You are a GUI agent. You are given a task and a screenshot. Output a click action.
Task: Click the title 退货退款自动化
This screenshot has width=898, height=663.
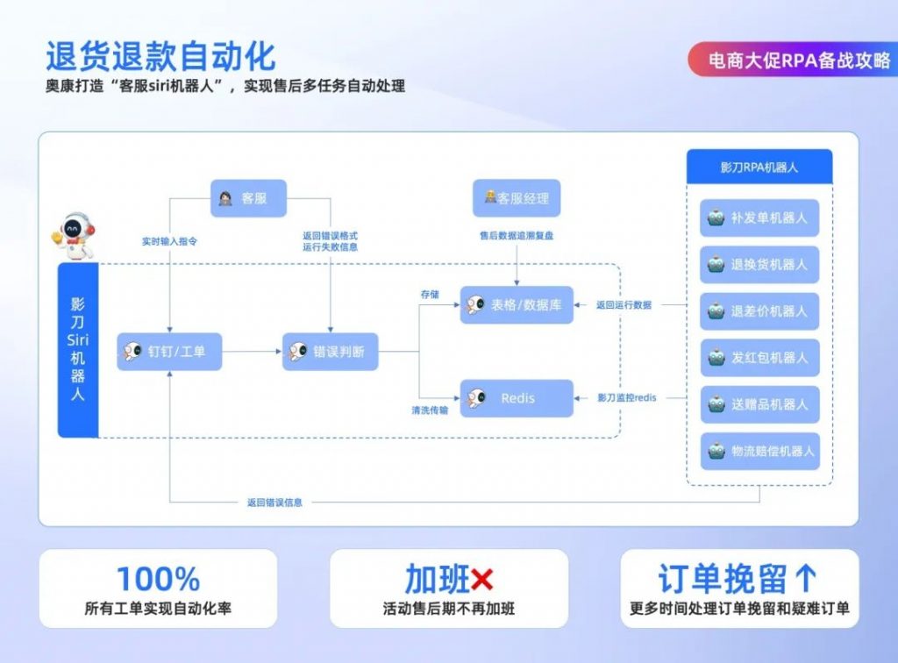(160, 56)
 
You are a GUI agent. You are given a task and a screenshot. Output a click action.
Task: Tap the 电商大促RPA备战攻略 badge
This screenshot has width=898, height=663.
(791, 59)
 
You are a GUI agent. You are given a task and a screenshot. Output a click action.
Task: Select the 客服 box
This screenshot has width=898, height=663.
(248, 198)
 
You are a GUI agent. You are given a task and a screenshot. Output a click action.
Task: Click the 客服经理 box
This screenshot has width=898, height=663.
(516, 198)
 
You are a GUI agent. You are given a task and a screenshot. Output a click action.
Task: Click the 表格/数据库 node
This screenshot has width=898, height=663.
(517, 304)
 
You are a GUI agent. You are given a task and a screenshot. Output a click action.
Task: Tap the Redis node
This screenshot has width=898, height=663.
(517, 398)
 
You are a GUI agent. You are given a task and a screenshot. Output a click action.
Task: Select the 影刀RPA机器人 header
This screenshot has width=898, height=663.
(759, 167)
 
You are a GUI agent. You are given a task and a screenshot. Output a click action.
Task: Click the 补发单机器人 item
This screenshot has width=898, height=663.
(759, 217)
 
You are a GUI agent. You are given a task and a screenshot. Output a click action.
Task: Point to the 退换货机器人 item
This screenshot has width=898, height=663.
(759, 264)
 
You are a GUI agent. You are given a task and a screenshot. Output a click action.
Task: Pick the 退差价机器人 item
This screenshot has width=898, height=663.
(759, 310)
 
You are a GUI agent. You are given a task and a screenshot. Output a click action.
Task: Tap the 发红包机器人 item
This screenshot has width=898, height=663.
(759, 358)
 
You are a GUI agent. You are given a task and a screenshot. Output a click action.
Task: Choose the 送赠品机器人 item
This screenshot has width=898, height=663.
(759, 404)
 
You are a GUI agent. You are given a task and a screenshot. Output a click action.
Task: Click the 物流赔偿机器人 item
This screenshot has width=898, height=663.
(759, 451)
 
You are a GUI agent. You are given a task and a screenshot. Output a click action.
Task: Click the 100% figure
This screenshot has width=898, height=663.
(158, 579)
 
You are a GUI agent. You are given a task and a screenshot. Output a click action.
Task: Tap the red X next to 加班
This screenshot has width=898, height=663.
(482, 579)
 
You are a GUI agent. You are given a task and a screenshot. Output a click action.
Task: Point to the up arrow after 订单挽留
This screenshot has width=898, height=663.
(805, 579)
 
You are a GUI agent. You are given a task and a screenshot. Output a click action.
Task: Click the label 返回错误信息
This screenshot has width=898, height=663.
(274, 503)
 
